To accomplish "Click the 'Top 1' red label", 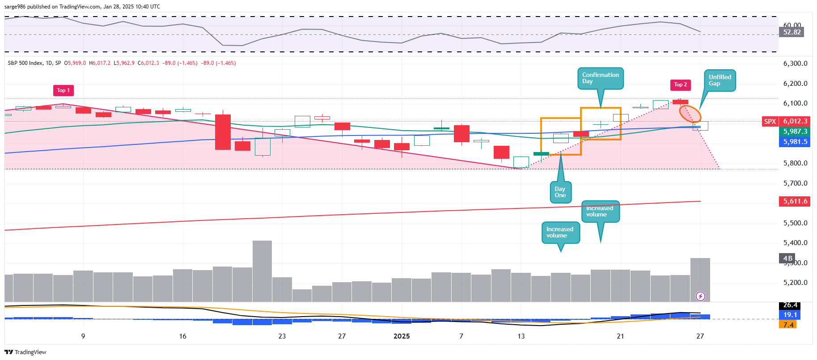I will coord(63,90).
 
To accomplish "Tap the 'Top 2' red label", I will coord(680,85).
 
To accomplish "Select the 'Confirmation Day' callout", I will coord(600,78).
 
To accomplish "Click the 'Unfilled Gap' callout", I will coord(720,80).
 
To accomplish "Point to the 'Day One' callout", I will coord(560,192).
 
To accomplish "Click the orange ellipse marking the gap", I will coord(690,114).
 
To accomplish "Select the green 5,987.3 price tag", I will coord(795,131).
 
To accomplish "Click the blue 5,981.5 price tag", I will coord(795,142).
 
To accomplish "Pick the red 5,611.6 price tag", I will coord(795,201).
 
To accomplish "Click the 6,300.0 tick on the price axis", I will coord(795,64).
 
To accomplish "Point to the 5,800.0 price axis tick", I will coord(795,163).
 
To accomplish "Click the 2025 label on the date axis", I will coord(401,336).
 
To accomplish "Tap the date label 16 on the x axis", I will coord(182,336).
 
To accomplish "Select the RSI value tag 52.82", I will coord(792,32).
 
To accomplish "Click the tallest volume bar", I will coord(262,271).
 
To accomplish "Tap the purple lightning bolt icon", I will coord(700,296).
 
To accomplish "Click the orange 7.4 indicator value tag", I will coord(788,325).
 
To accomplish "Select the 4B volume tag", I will coord(787,258).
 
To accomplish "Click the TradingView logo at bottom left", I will coord(25,352).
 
